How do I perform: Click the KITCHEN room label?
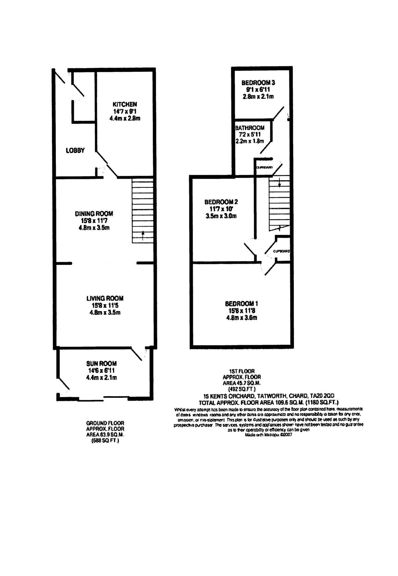[x=125, y=104]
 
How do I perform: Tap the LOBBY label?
[x=75, y=150]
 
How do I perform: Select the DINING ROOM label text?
[x=94, y=214]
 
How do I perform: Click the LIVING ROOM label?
[x=105, y=298]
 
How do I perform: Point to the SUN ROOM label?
[x=101, y=364]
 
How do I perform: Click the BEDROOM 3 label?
[x=258, y=83]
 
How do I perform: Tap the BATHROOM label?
[x=250, y=128]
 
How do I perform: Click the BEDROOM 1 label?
[x=241, y=304]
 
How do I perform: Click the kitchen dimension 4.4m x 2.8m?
[x=125, y=118]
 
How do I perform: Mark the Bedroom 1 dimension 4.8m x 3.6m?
[x=241, y=318]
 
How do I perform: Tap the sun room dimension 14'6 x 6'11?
[x=101, y=371]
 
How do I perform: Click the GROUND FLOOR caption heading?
[x=105, y=423]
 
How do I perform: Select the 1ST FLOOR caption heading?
[x=242, y=371]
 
